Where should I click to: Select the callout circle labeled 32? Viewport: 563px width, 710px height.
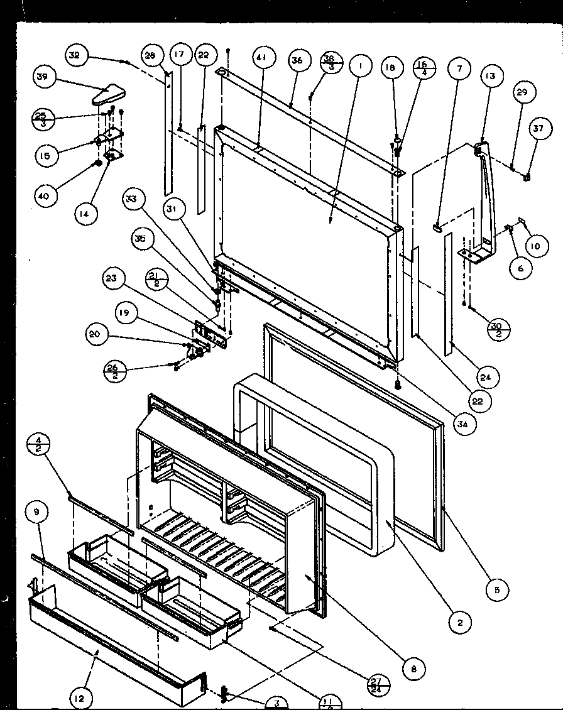point(75,55)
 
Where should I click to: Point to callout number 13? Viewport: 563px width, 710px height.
point(489,76)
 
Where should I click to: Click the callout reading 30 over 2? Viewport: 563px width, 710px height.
point(497,327)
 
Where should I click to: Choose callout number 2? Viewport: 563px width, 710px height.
point(461,623)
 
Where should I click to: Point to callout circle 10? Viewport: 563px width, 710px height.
point(534,246)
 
